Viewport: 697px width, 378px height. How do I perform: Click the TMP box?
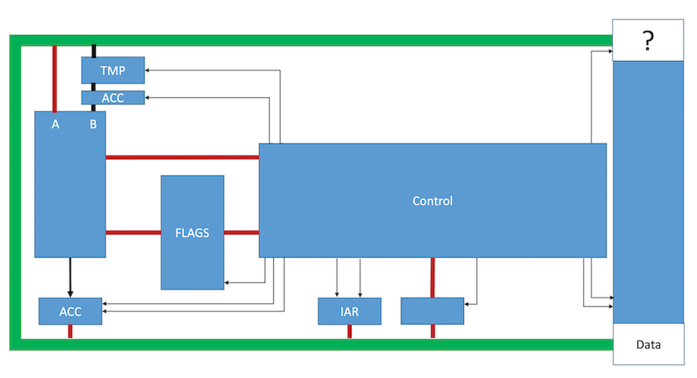tap(112, 71)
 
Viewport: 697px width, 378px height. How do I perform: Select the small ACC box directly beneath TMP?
tap(112, 97)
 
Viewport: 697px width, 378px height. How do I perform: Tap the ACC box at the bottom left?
tap(70, 312)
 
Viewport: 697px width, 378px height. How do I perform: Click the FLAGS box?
tap(192, 232)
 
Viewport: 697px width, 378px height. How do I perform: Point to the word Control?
tap(432, 201)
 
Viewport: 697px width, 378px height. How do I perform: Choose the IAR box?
tap(349, 312)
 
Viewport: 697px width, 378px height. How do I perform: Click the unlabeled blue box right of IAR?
tap(432, 310)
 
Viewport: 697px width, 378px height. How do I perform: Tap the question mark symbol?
tap(647, 42)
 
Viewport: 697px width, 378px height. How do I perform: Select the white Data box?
tap(647, 345)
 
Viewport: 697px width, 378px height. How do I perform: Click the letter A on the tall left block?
tap(55, 124)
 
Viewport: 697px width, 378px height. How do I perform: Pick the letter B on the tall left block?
tap(93, 124)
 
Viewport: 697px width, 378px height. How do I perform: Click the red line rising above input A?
tap(55, 78)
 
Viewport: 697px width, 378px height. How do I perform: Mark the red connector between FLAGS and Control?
tap(241, 232)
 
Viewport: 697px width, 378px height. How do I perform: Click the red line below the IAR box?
tap(349, 332)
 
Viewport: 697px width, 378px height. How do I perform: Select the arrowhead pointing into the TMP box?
tap(147, 71)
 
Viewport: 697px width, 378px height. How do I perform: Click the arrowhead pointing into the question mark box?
tap(609, 52)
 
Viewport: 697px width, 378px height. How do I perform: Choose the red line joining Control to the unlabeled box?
tap(432, 277)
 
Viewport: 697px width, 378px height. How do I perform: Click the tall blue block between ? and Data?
tap(647, 192)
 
